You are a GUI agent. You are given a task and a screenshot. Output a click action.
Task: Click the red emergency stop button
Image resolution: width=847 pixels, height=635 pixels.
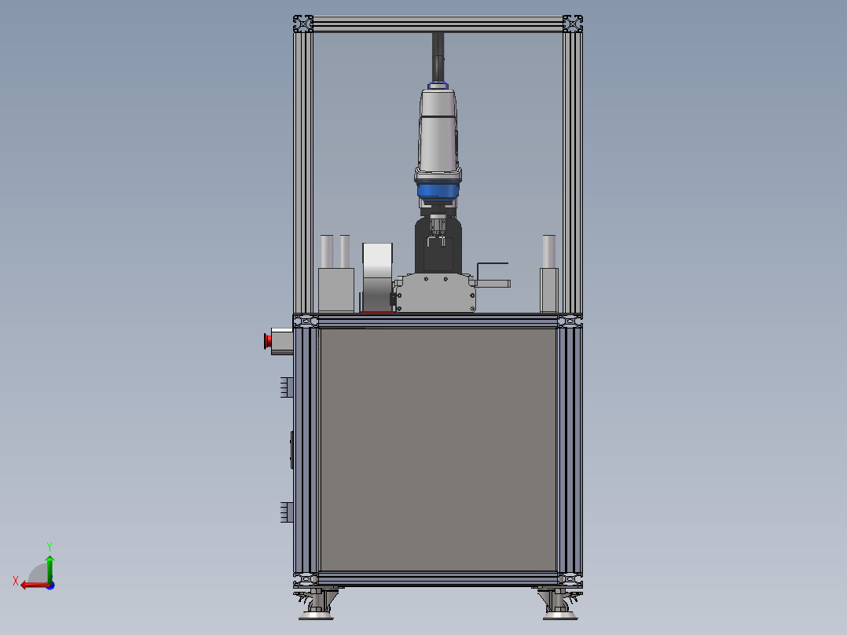pyautogui.click(x=267, y=342)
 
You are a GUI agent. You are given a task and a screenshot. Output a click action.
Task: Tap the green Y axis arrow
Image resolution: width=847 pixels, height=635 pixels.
pyautogui.click(x=49, y=568)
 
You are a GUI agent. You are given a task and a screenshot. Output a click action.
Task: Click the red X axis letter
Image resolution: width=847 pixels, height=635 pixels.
pyautogui.click(x=16, y=581)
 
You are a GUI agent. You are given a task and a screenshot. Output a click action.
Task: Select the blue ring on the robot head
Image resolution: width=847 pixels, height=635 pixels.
pyautogui.click(x=438, y=191)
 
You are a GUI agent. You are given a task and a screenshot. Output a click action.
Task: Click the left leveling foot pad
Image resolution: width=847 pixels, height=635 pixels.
pyautogui.click(x=316, y=615)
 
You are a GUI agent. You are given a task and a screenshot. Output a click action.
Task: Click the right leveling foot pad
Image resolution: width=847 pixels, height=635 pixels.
pyautogui.click(x=560, y=615)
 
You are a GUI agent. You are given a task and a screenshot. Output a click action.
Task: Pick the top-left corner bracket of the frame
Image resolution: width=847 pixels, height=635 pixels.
pyautogui.click(x=303, y=24)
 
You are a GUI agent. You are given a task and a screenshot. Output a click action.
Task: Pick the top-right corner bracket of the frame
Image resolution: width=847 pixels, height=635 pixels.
pyautogui.click(x=573, y=24)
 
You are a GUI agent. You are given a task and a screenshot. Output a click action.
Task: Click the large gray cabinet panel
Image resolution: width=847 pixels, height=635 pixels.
pyautogui.click(x=438, y=450)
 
